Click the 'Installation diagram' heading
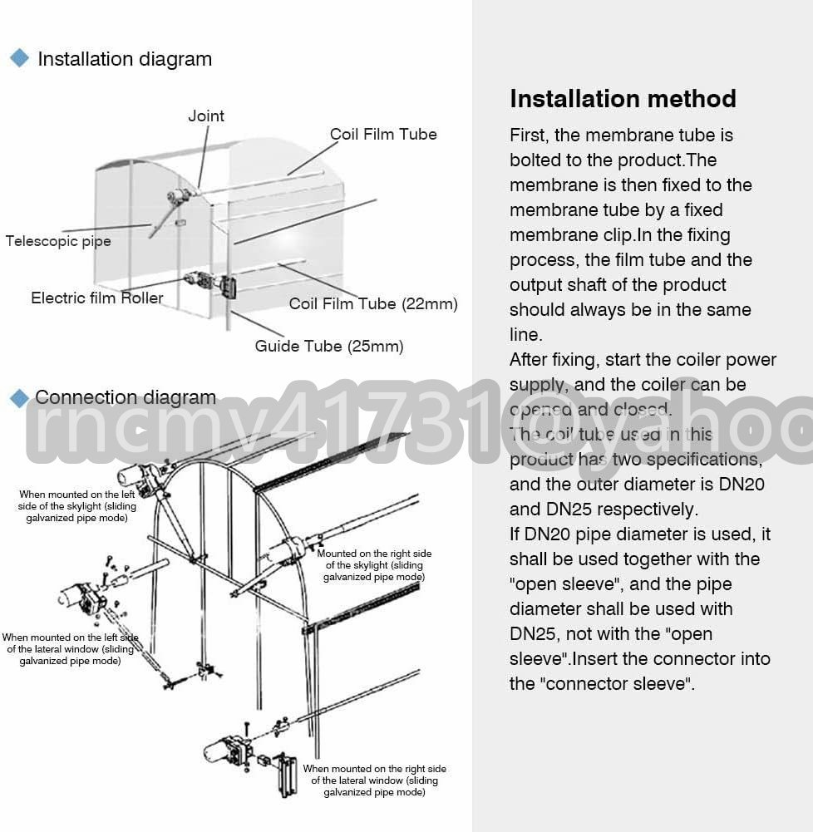point(125,59)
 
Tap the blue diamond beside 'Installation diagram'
point(18,58)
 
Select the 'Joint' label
point(205,116)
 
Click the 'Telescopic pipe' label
point(58,241)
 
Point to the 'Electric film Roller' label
point(97,298)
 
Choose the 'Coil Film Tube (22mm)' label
point(373,303)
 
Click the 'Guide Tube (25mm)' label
point(329,346)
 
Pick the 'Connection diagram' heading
point(126,397)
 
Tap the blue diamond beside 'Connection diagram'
point(18,398)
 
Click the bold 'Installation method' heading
point(623,99)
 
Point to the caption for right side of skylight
point(374,565)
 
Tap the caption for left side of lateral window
point(70,649)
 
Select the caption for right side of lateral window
point(374,780)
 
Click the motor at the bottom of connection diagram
point(226,751)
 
